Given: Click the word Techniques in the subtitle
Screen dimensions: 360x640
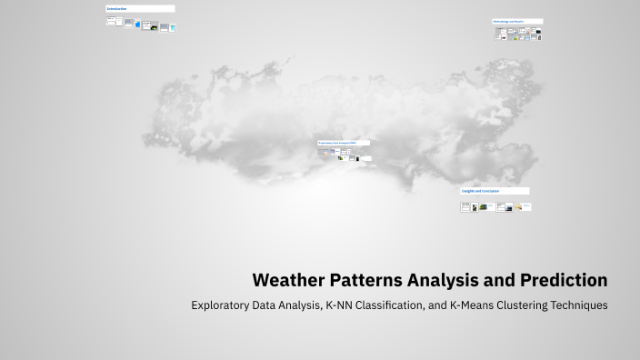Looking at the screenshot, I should pyautogui.click(x=576, y=305).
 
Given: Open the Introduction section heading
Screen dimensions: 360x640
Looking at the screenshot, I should pyautogui.click(x=117, y=8).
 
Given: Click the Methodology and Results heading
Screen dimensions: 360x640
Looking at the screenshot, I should pyautogui.click(x=509, y=21).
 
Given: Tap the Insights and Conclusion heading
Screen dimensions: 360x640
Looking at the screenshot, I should pyautogui.click(x=482, y=191).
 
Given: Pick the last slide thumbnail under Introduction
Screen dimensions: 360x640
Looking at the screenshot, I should pyautogui.click(x=172, y=27).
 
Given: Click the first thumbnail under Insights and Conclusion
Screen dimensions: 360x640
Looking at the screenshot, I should pyautogui.click(x=465, y=206).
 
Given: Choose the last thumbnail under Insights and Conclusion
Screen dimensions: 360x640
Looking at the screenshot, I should pyautogui.click(x=526, y=207).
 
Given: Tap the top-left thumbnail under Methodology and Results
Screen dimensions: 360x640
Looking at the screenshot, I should pyautogui.click(x=499, y=31).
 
